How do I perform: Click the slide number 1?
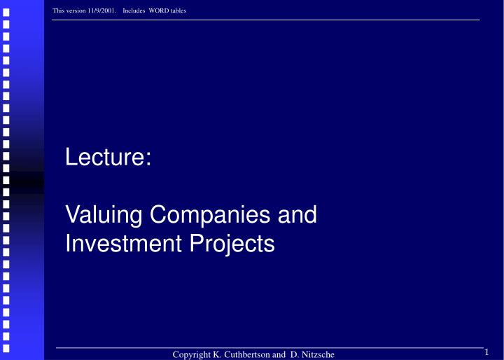point(486,352)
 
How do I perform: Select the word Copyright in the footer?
point(194,355)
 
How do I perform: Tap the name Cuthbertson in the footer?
point(252,355)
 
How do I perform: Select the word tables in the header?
point(178,9)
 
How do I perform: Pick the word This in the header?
point(58,9)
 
